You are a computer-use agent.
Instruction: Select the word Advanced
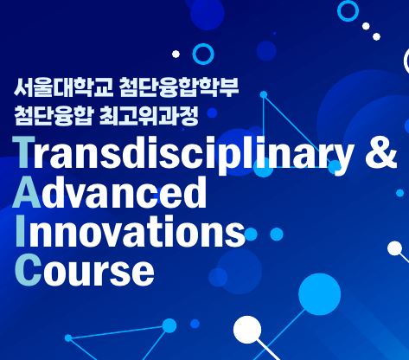point(112,192)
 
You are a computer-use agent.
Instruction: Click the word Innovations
point(130,232)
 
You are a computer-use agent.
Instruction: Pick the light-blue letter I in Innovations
point(21,232)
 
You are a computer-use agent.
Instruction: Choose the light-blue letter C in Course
point(27,270)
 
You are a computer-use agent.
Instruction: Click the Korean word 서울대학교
point(60,88)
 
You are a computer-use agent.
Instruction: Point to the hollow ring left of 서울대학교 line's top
point(203,54)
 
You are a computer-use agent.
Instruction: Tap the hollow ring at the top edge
point(348,10)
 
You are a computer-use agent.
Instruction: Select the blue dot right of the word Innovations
point(277,234)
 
